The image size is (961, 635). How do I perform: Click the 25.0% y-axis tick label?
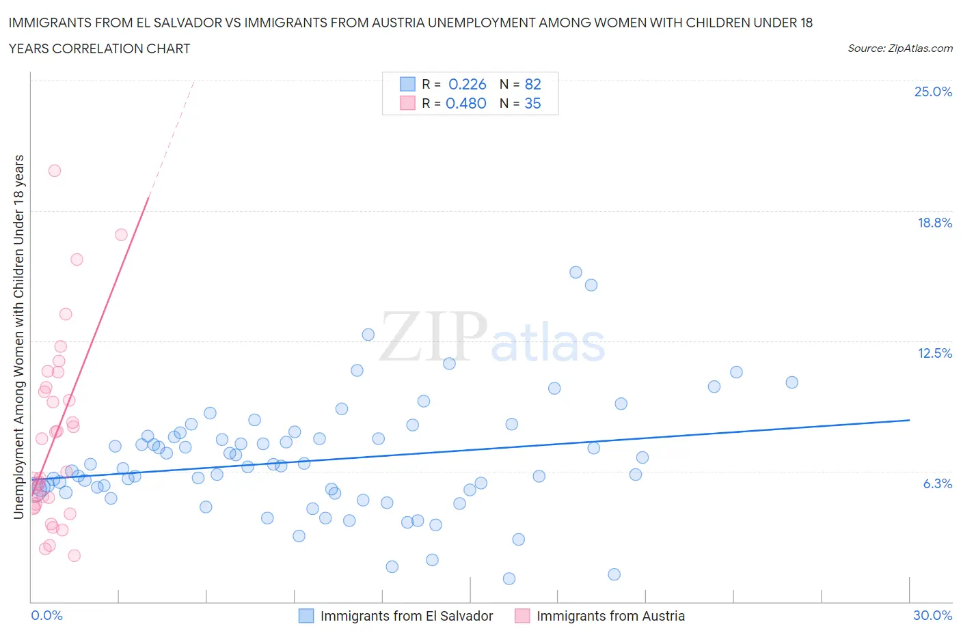click(933, 91)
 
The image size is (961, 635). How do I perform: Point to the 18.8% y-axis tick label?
click(934, 223)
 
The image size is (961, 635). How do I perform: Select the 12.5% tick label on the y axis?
click(934, 353)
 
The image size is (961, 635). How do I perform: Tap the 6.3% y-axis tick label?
click(937, 483)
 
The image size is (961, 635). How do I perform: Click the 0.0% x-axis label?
click(46, 615)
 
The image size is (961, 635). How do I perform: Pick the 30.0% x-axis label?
click(932, 615)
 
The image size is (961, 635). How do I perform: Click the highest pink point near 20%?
click(55, 171)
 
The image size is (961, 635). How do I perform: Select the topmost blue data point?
click(576, 272)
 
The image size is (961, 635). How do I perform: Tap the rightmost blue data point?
click(791, 382)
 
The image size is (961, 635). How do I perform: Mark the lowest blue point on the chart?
click(509, 578)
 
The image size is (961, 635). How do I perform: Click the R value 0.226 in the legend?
click(467, 84)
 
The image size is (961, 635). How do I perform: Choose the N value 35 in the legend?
click(532, 103)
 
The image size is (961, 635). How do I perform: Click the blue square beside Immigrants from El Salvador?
click(306, 616)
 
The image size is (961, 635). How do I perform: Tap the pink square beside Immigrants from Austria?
click(522, 616)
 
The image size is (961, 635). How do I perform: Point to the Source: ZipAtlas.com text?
click(899, 48)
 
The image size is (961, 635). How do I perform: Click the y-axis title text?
click(19, 337)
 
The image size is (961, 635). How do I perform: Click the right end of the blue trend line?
click(909, 420)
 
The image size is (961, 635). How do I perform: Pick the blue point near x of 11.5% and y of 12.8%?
click(368, 335)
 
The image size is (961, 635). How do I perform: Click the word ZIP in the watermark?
click(432, 337)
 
